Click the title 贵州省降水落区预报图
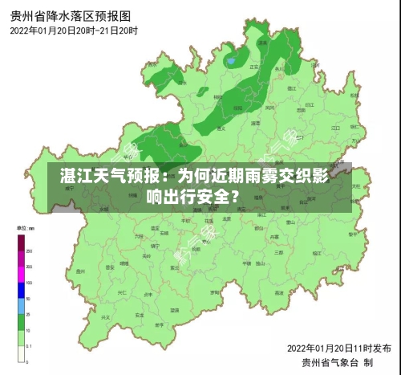tap(71, 15)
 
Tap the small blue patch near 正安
tap(231, 60)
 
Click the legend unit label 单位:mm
tap(26, 230)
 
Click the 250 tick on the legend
tap(30, 251)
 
